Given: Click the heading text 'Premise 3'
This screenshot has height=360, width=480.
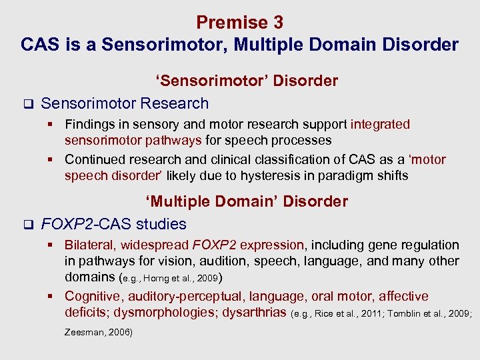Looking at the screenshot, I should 239,23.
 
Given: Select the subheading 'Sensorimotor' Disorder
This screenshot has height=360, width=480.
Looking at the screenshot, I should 247,81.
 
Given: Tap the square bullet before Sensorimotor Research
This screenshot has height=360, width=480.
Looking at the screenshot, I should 27,104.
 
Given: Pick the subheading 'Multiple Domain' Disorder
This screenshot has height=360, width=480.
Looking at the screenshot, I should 247,201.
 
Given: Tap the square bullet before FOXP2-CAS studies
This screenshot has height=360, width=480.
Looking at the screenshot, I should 27,225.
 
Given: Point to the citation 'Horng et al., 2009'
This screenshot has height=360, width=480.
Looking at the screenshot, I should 179,278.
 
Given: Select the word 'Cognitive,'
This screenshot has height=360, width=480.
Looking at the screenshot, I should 94,297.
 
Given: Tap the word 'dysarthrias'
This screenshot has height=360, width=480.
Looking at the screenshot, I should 252,313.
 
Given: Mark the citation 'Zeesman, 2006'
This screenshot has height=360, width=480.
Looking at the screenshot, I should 98,332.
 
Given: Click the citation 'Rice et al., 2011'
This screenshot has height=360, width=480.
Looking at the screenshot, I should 341,313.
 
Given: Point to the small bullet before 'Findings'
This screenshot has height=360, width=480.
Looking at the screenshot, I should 56,125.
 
